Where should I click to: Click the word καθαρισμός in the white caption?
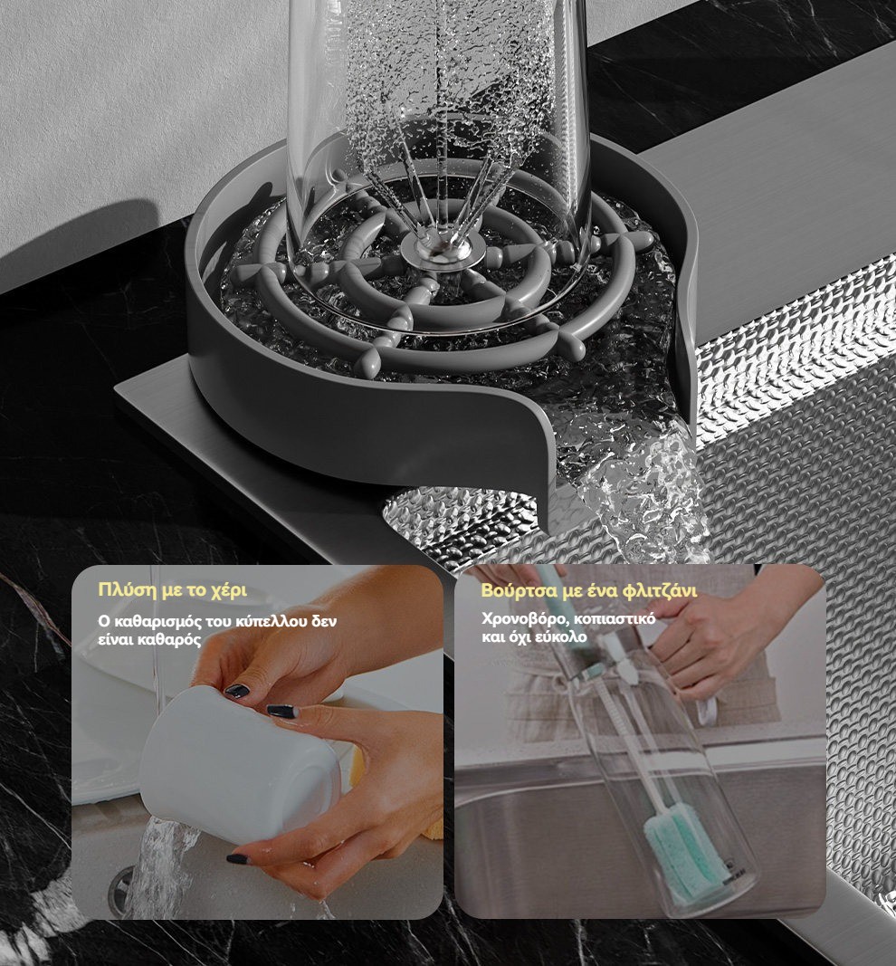(x=153, y=621)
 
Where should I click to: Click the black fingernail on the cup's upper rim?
(x=237, y=691)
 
